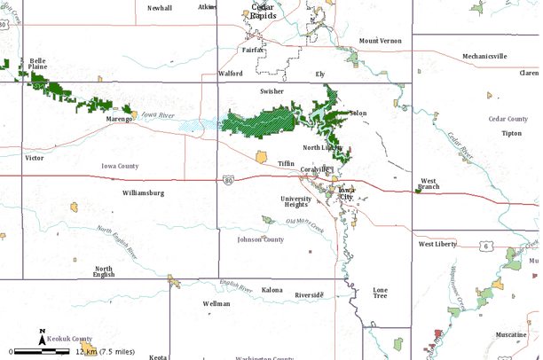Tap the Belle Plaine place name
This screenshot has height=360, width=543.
click(37, 64)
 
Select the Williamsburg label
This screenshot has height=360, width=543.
click(143, 192)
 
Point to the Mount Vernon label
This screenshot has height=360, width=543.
click(380, 41)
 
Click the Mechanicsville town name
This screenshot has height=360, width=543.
click(484, 56)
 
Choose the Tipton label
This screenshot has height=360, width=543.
click(511, 133)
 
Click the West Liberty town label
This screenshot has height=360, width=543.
click(437, 243)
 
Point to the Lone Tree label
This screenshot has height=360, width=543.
click(380, 293)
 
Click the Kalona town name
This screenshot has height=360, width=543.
click(271, 290)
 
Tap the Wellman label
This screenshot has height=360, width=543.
click(216, 303)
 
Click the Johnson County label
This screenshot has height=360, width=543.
click(260, 239)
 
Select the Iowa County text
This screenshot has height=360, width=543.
click(120, 166)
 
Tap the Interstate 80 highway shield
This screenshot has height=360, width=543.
click(229, 179)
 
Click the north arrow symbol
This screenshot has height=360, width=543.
click(42, 337)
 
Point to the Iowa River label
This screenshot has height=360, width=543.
click(158, 114)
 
